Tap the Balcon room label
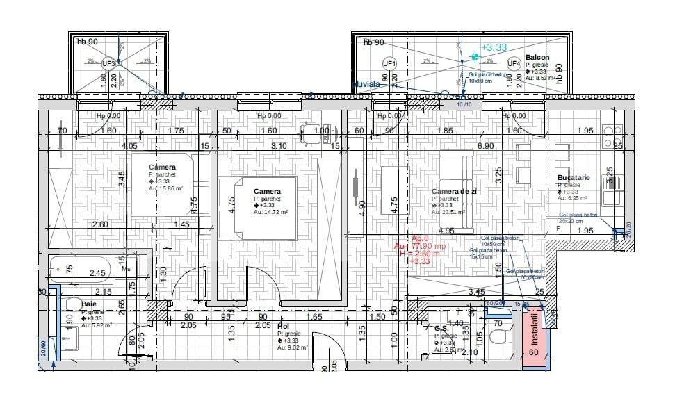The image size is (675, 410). tap(537, 57)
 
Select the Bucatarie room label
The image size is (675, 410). tap(573, 178)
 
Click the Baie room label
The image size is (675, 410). tap(89, 304)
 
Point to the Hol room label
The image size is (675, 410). tap(283, 325)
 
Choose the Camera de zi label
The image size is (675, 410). tap(453, 191)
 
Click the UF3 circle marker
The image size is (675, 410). tap(109, 63)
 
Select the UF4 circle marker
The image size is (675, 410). tap(514, 63)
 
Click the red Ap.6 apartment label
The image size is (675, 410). tap(421, 238)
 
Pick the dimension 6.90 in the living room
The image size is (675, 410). tap(484, 146)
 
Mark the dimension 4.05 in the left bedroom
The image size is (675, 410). tap(129, 146)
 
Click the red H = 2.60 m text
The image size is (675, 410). tap(420, 254)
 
